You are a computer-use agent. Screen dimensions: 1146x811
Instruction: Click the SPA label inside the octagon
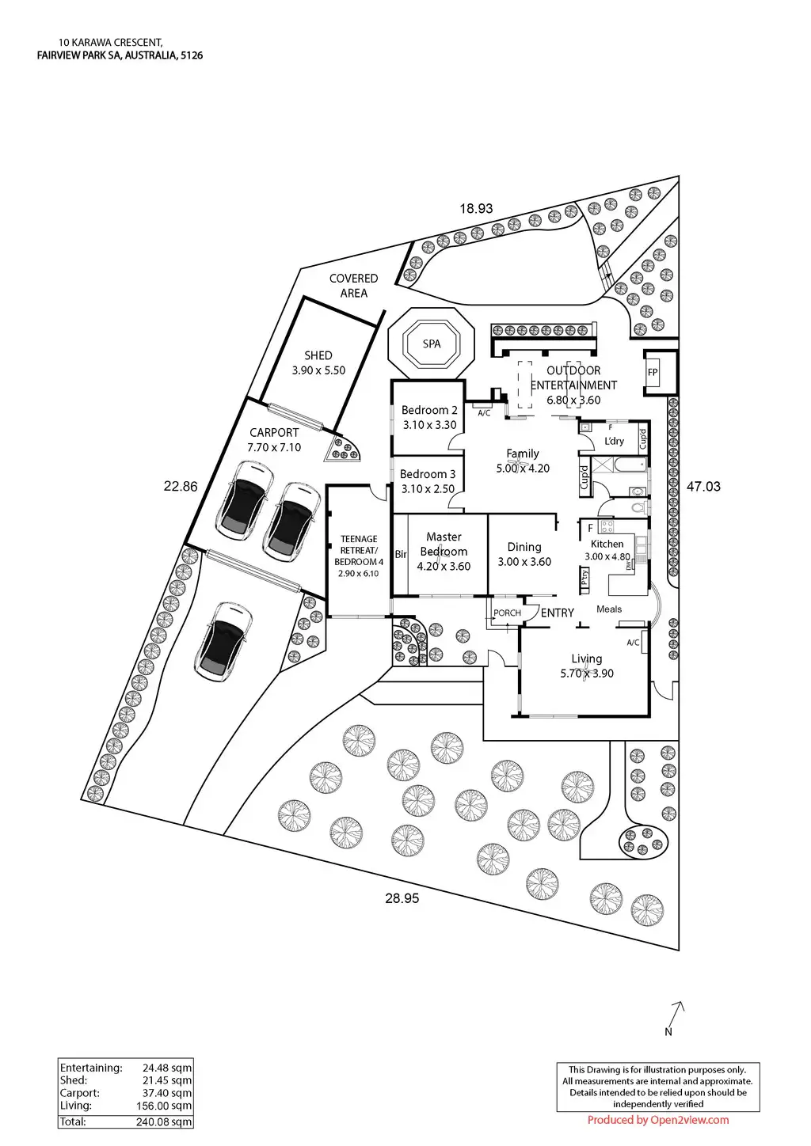(432, 344)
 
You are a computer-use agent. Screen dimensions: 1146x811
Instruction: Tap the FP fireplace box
(653, 372)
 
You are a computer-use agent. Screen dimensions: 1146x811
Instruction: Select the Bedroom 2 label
(429, 410)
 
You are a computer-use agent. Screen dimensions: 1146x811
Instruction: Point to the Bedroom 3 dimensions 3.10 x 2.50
(428, 488)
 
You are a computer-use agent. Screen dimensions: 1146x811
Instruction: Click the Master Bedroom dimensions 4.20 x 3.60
(444, 566)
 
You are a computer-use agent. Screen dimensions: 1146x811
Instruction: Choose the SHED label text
(318, 355)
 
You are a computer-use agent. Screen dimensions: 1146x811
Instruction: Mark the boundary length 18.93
(477, 209)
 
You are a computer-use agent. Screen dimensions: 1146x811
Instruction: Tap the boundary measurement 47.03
(703, 487)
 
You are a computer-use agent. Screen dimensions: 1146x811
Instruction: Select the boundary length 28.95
(402, 898)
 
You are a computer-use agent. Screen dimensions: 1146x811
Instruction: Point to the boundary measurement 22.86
(181, 487)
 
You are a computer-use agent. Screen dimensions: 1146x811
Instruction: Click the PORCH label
(507, 613)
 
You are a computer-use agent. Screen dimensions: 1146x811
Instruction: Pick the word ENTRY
(558, 613)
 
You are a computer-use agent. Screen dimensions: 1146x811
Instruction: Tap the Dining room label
(524, 547)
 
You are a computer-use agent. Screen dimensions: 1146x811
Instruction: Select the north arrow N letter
(668, 1031)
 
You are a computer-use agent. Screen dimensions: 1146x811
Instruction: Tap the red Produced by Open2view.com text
(658, 1119)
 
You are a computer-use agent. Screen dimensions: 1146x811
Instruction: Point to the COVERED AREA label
(354, 286)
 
